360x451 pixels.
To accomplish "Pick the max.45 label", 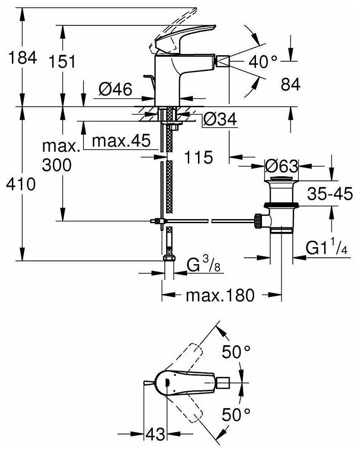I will tap(121, 141).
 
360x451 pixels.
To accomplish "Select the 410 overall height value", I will tap(18, 185).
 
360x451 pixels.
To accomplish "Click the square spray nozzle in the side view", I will tap(223, 60).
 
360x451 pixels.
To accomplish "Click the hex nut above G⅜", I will tap(169, 257).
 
